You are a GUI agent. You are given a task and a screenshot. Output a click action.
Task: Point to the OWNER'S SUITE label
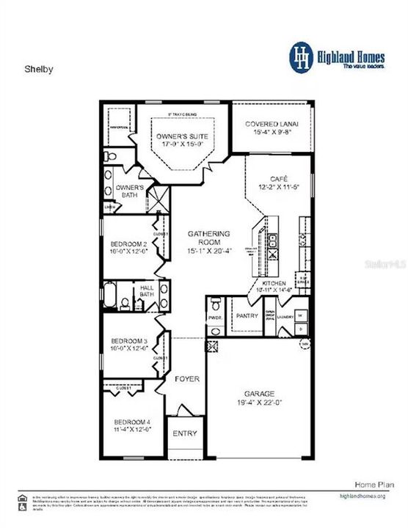point(181,137)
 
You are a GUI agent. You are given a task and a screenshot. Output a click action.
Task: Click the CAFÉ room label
point(277,179)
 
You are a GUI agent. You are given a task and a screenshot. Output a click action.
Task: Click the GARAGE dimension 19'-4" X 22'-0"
point(258,402)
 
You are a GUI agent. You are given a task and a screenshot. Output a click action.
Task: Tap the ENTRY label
point(185,433)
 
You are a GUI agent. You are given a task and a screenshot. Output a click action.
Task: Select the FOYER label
point(186,380)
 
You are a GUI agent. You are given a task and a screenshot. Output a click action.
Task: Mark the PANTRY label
point(248,316)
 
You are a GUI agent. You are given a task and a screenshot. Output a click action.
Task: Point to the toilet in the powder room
point(214,304)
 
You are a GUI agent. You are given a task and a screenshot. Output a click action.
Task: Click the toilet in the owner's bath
point(109,156)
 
